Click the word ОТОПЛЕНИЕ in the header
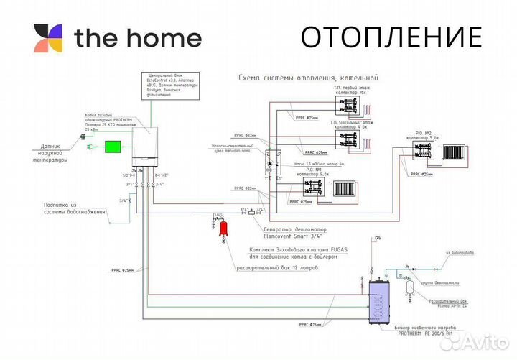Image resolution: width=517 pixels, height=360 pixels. [391, 36]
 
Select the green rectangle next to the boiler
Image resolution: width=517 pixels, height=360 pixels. [113, 147]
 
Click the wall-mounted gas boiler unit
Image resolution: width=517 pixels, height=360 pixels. [146, 141]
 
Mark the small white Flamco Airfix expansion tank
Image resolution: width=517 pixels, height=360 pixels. [411, 284]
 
